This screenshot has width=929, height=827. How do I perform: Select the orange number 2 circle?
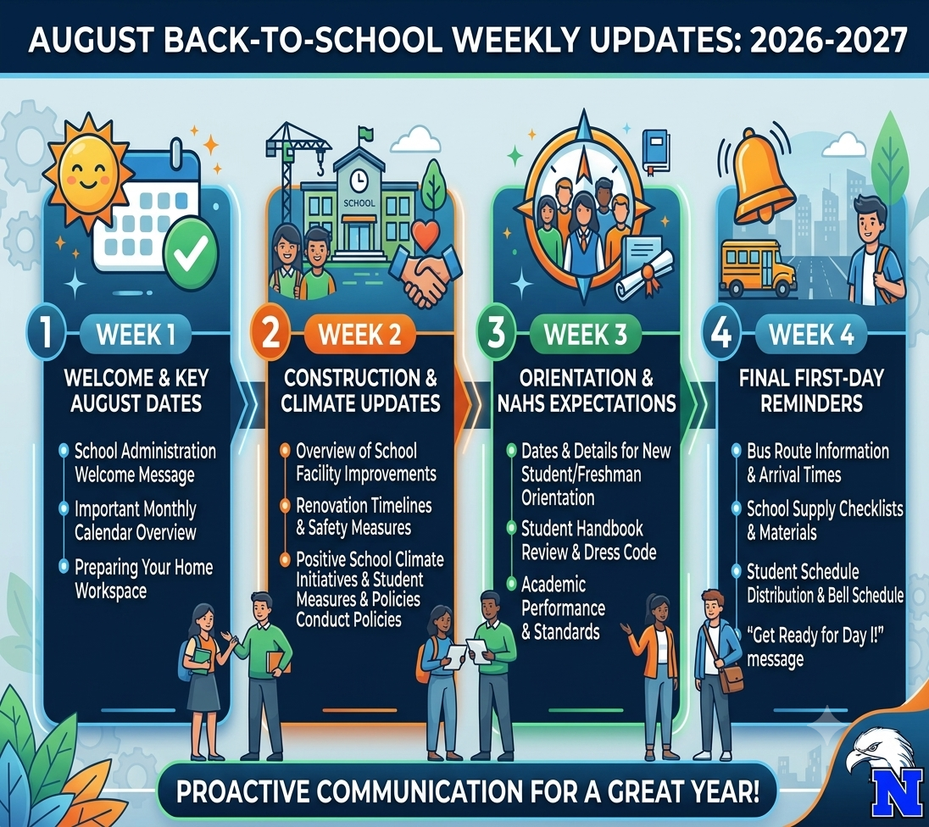coord(270,333)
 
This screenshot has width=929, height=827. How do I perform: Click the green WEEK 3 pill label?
coord(586,335)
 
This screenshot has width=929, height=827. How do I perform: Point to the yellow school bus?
coord(758,269)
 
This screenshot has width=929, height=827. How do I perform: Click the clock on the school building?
coord(358,179)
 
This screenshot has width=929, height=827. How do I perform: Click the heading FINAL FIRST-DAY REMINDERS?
coord(811,391)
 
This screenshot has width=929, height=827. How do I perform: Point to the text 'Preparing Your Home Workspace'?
coord(143,579)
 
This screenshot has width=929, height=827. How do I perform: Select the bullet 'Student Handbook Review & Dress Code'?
coord(588,541)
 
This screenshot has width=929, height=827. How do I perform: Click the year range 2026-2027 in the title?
coord(828,40)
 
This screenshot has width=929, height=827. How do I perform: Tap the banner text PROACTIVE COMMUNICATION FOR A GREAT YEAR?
coord(467,791)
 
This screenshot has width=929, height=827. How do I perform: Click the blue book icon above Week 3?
coord(656,151)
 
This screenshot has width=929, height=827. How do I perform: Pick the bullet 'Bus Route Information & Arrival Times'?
coord(818,463)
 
